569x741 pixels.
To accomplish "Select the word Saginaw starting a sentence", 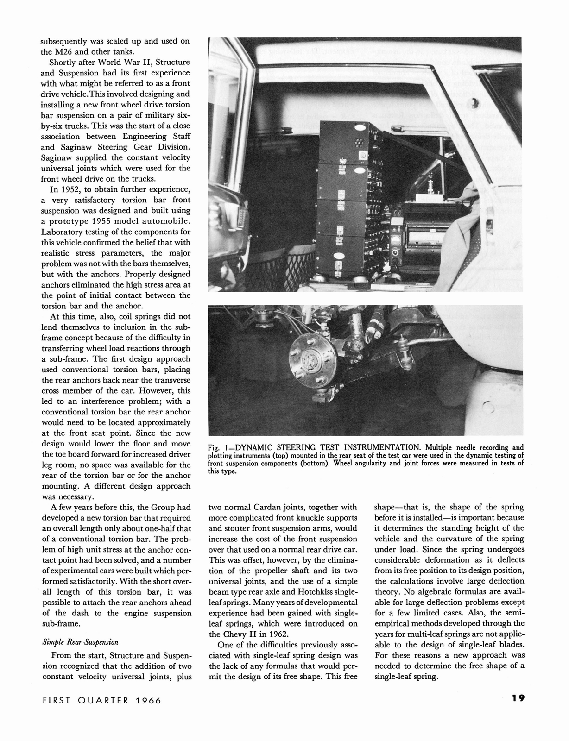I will (57, 157).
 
